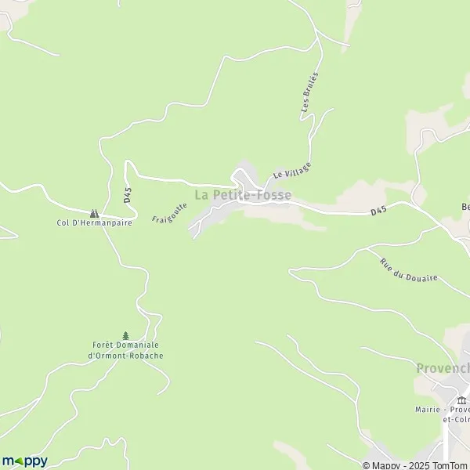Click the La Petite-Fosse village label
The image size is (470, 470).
pyautogui.click(x=242, y=194)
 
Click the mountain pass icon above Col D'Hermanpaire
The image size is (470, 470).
pyautogui.click(x=94, y=212)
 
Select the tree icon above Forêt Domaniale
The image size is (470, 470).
pyautogui.click(x=125, y=335)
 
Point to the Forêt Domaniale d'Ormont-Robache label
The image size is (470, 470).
pyautogui.click(x=125, y=350)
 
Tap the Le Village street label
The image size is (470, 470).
pyautogui.click(x=292, y=171)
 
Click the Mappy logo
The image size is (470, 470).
pyautogui.click(x=24, y=461)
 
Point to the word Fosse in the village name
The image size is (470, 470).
pyautogui.click(x=273, y=194)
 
